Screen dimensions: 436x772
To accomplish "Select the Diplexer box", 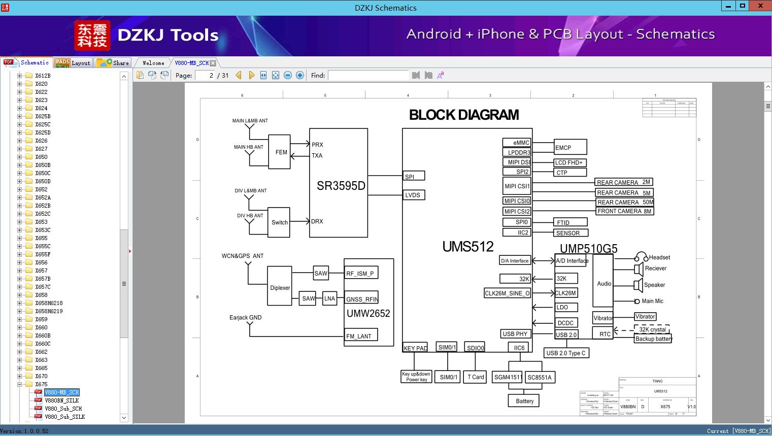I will tap(280, 287).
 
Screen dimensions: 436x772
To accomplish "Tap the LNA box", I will tap(330, 298).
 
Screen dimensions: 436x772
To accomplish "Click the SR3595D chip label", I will tap(341, 186).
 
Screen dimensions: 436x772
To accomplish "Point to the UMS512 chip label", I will tap(467, 247).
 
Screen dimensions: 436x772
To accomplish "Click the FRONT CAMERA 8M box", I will tap(624, 211).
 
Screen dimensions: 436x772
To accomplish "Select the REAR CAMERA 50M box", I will tap(625, 202).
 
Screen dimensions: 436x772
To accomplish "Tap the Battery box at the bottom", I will tap(524, 401).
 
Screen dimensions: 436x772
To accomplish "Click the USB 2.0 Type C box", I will tap(565, 353).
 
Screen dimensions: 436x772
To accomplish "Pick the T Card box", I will tap(476, 377).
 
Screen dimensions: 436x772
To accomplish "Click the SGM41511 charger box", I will tap(508, 377).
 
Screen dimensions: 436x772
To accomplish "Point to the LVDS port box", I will tap(413, 195).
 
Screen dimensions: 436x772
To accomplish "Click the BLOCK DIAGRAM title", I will tap(464, 115).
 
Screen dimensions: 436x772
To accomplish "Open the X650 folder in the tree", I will tap(42, 157).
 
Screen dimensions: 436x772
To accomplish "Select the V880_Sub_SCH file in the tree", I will tap(63, 409).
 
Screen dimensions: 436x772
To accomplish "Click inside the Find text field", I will tap(368, 75).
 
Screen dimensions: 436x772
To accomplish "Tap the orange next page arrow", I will tap(251, 75).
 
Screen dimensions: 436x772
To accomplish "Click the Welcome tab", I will tap(153, 63).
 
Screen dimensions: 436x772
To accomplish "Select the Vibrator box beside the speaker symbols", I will tap(645, 316).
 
